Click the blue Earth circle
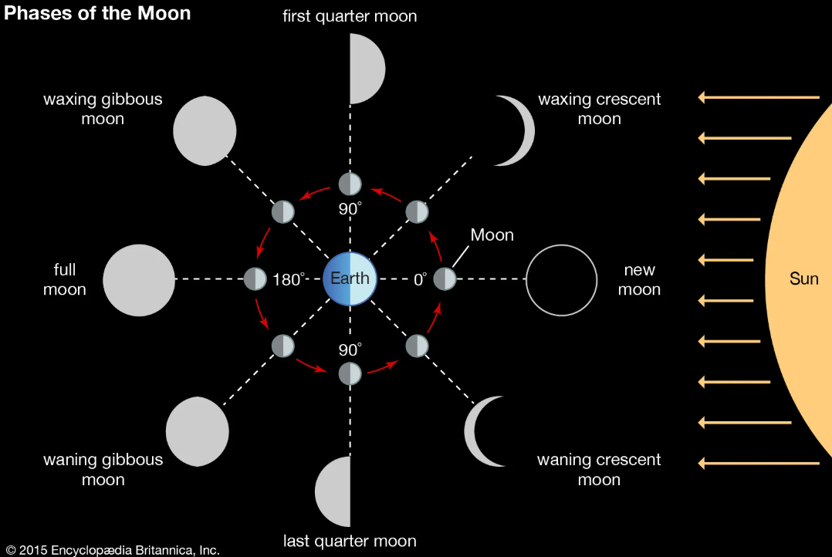coord(350,278)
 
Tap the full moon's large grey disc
coord(139,279)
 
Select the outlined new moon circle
coord(561,280)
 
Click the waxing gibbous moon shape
coord(205,130)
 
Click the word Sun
coord(803,278)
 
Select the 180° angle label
coord(289,279)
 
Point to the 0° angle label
coord(420,279)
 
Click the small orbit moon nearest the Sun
coord(445,279)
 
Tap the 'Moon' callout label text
coord(492,235)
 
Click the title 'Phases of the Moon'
coord(98,13)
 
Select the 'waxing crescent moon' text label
coord(599,109)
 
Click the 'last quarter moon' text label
coord(350,541)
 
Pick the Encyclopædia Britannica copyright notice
coord(112,550)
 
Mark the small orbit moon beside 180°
coord(255,279)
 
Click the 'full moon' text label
coord(65,280)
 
